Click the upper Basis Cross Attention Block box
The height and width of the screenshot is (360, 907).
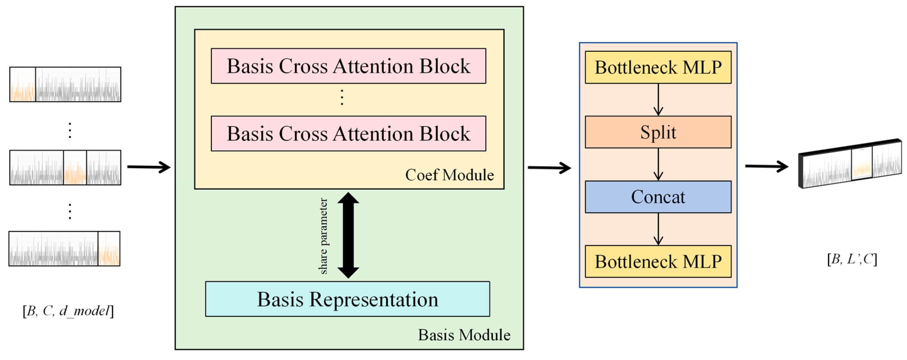tap(348, 66)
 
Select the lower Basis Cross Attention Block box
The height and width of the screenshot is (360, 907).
tap(348, 133)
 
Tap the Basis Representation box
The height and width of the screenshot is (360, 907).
tap(347, 299)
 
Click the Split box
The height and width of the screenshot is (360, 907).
tap(658, 132)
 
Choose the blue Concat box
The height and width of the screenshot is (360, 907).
tap(658, 197)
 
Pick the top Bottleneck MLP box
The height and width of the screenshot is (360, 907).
tap(658, 67)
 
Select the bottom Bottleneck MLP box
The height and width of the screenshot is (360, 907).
tap(658, 262)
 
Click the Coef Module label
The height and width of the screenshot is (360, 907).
tap(449, 175)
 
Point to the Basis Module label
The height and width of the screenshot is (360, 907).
tap(464, 335)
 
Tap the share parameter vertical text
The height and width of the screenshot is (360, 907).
tap(323, 236)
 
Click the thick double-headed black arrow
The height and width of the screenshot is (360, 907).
tap(348, 235)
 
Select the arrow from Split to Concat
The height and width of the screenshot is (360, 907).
tap(658, 165)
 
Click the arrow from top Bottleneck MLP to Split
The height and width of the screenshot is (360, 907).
tap(658, 100)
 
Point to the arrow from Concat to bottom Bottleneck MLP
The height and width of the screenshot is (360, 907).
tap(658, 229)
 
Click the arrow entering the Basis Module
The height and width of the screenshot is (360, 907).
tap(149, 167)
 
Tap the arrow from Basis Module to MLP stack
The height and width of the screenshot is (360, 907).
tap(549, 168)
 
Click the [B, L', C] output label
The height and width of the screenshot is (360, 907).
tap(852, 259)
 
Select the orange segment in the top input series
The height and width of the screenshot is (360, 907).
tap(23, 85)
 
